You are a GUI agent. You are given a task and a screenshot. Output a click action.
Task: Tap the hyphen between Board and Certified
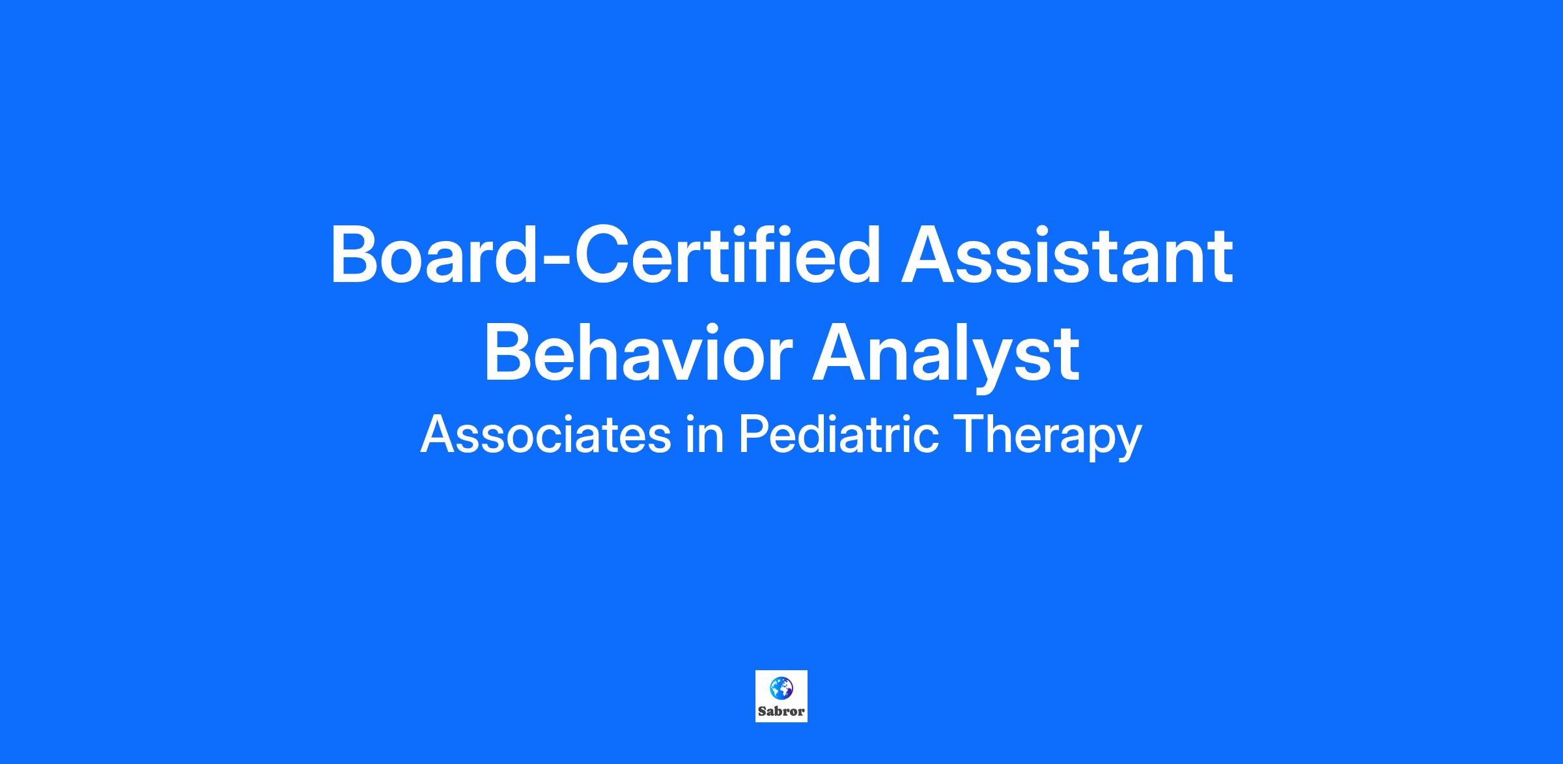click(555, 261)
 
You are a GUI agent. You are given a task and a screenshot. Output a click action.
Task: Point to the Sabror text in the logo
click(781, 711)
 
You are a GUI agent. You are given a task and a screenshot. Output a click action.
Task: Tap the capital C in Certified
click(600, 255)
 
